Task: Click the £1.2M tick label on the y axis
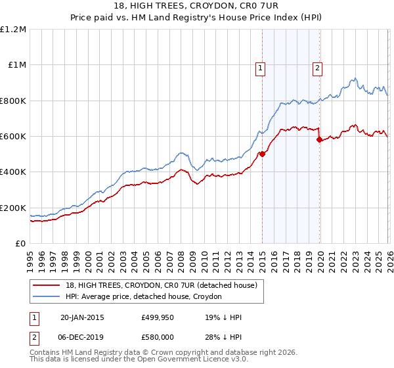(x=13, y=30)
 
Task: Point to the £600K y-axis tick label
(x=13, y=137)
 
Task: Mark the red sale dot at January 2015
(x=262, y=154)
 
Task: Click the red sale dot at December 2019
(x=319, y=140)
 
